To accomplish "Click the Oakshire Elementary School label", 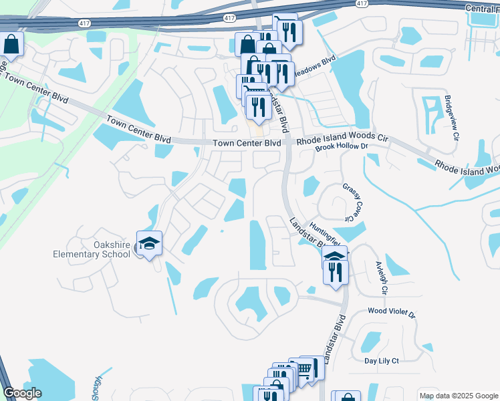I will click(x=92, y=249).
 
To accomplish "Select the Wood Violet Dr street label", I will click(x=392, y=313).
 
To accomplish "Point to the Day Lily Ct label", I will click(x=382, y=361).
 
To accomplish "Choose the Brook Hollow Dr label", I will click(x=342, y=147).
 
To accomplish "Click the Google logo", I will click(x=22, y=393).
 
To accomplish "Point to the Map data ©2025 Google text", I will click(x=459, y=396).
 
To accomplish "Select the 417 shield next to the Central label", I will click(x=362, y=3).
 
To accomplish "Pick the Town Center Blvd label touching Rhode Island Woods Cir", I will click(x=247, y=143).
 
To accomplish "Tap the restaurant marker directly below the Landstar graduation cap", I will click(x=336, y=271).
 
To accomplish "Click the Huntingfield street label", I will click(x=326, y=231).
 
